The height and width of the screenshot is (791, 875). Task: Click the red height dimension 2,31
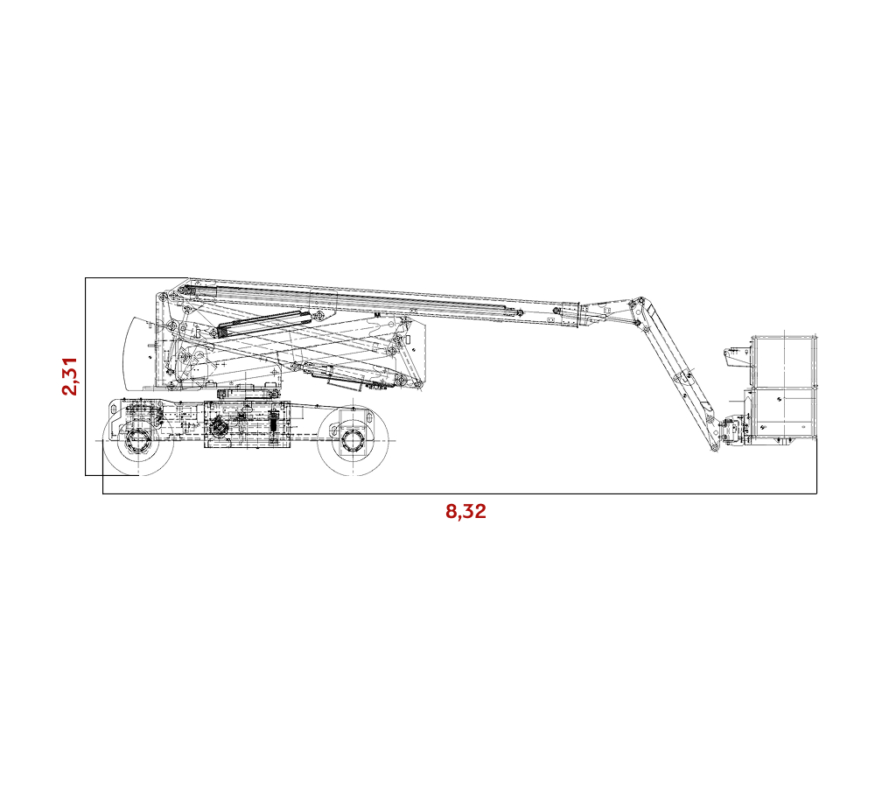[x=70, y=376]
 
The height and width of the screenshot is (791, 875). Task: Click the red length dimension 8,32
[x=465, y=511]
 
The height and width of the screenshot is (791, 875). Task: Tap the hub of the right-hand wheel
[x=352, y=441]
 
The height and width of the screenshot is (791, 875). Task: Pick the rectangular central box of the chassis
[x=247, y=424]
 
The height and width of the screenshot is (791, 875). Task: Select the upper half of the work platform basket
[x=783, y=360]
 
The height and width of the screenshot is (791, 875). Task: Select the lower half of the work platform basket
[x=783, y=413]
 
